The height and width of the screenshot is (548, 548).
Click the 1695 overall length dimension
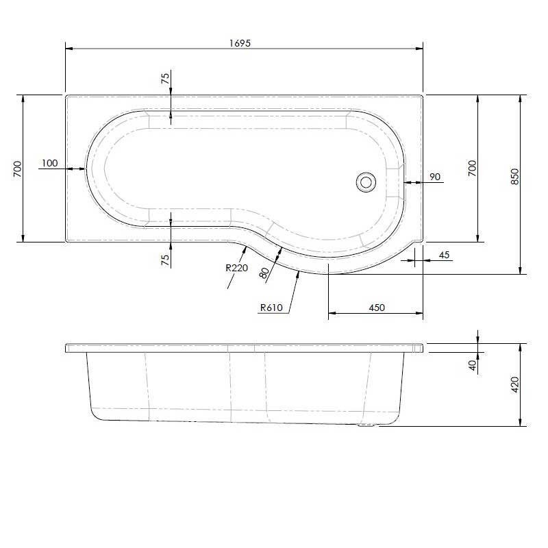[x=240, y=42]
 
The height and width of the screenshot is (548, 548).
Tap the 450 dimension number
[x=376, y=308]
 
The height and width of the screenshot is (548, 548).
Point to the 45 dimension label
[x=443, y=256]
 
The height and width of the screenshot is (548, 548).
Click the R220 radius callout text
[x=236, y=268]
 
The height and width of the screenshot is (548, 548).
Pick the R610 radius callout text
[x=272, y=308]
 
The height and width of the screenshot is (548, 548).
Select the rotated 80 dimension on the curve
[x=264, y=272]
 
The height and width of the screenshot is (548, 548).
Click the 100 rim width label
[x=49, y=163]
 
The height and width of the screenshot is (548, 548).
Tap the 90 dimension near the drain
[x=434, y=177]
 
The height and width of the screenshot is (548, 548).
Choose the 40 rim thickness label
[x=473, y=365]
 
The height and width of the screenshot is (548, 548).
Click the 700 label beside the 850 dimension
[x=471, y=169]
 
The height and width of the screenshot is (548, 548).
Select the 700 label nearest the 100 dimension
[x=17, y=169]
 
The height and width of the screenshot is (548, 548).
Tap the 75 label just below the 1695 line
[x=165, y=77]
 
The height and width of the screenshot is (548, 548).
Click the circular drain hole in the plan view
[x=366, y=182]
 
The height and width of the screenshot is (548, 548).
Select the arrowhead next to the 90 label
[x=408, y=182]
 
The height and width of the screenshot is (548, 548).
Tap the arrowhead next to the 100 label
[x=81, y=168]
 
